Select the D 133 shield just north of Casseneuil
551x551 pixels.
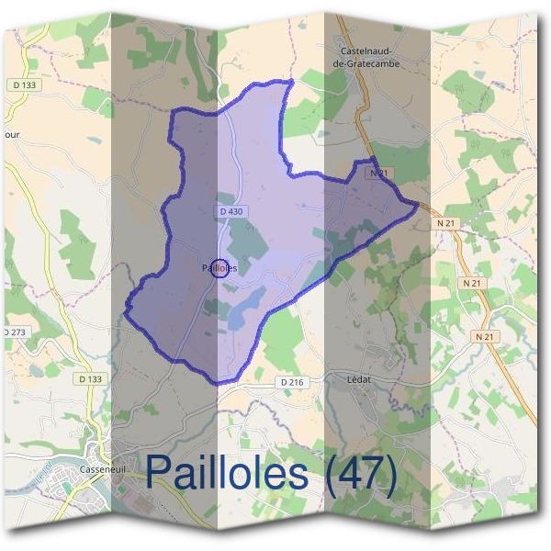(x=90, y=378)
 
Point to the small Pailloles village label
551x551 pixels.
(x=219, y=268)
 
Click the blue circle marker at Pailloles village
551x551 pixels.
(x=219, y=268)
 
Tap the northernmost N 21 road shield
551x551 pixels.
(x=376, y=173)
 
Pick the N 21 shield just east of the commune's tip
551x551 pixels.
(x=446, y=222)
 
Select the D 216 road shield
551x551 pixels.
(x=289, y=381)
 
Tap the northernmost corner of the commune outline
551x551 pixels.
(x=291, y=81)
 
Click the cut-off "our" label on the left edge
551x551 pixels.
(x=11, y=133)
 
